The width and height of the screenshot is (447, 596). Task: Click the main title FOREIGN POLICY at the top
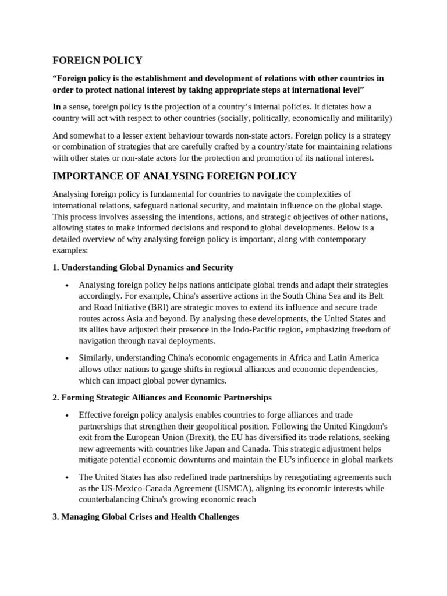click(x=97, y=61)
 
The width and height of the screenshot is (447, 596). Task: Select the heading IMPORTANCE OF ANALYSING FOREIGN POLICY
click(x=175, y=176)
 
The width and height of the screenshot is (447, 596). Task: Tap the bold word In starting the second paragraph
click(x=56, y=107)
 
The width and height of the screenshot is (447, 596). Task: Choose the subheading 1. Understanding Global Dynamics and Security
click(x=143, y=267)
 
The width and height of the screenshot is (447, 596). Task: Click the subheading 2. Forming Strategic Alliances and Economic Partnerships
click(x=162, y=398)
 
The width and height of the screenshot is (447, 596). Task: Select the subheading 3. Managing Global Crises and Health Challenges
click(x=146, y=516)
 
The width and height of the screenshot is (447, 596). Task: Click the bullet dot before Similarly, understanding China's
click(x=68, y=359)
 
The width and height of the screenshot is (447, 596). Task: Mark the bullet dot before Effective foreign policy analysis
click(x=68, y=416)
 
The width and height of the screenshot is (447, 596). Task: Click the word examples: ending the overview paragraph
click(x=70, y=250)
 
